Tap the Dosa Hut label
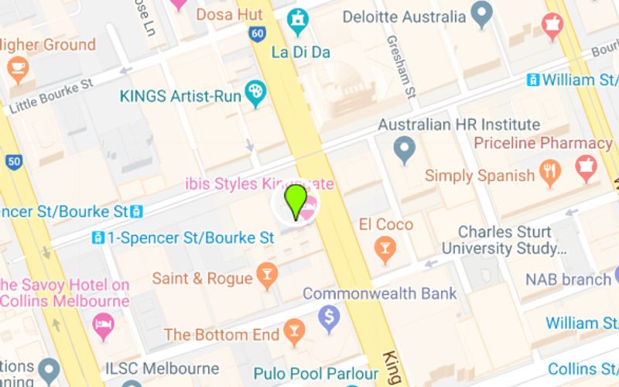tap(229, 15)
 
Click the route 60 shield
tap(258, 34)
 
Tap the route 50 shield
tap(13, 163)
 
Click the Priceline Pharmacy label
tap(542, 143)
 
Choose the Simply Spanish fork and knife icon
tap(549, 173)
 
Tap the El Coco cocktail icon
tap(384, 248)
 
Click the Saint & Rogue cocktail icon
tap(267, 276)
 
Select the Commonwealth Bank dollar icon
tap(330, 317)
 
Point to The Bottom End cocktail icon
tap(293, 333)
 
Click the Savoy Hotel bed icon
tap(103, 326)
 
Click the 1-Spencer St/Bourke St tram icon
tap(98, 238)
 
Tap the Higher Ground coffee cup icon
tap(17, 70)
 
